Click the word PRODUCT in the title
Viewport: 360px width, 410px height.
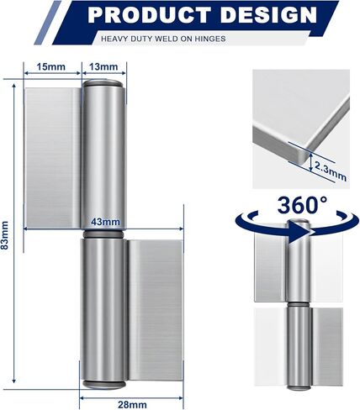pos(149,14)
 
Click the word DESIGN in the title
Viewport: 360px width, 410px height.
pos(268,14)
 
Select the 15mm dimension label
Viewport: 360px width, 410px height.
pos(51,67)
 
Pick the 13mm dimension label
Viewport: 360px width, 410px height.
pos(103,67)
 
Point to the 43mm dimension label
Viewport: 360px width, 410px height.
pos(105,222)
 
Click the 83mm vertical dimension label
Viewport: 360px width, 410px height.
pos(5,235)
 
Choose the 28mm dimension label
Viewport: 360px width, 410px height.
pos(132,405)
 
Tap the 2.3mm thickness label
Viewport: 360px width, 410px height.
pos(331,171)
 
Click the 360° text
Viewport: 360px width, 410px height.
pos(302,205)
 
